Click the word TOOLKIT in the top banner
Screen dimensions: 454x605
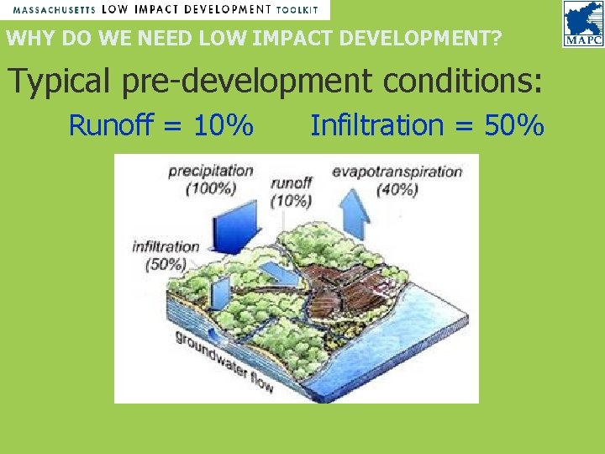click(x=297, y=10)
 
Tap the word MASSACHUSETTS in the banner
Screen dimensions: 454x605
click(x=53, y=10)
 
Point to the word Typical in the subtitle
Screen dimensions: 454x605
click(x=59, y=81)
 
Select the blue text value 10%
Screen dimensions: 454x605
click(x=223, y=126)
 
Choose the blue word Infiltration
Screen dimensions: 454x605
click(x=376, y=126)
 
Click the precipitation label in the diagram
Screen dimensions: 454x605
click(x=211, y=171)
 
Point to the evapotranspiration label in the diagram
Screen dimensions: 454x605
click(x=397, y=172)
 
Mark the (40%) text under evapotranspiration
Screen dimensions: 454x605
click(x=397, y=189)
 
